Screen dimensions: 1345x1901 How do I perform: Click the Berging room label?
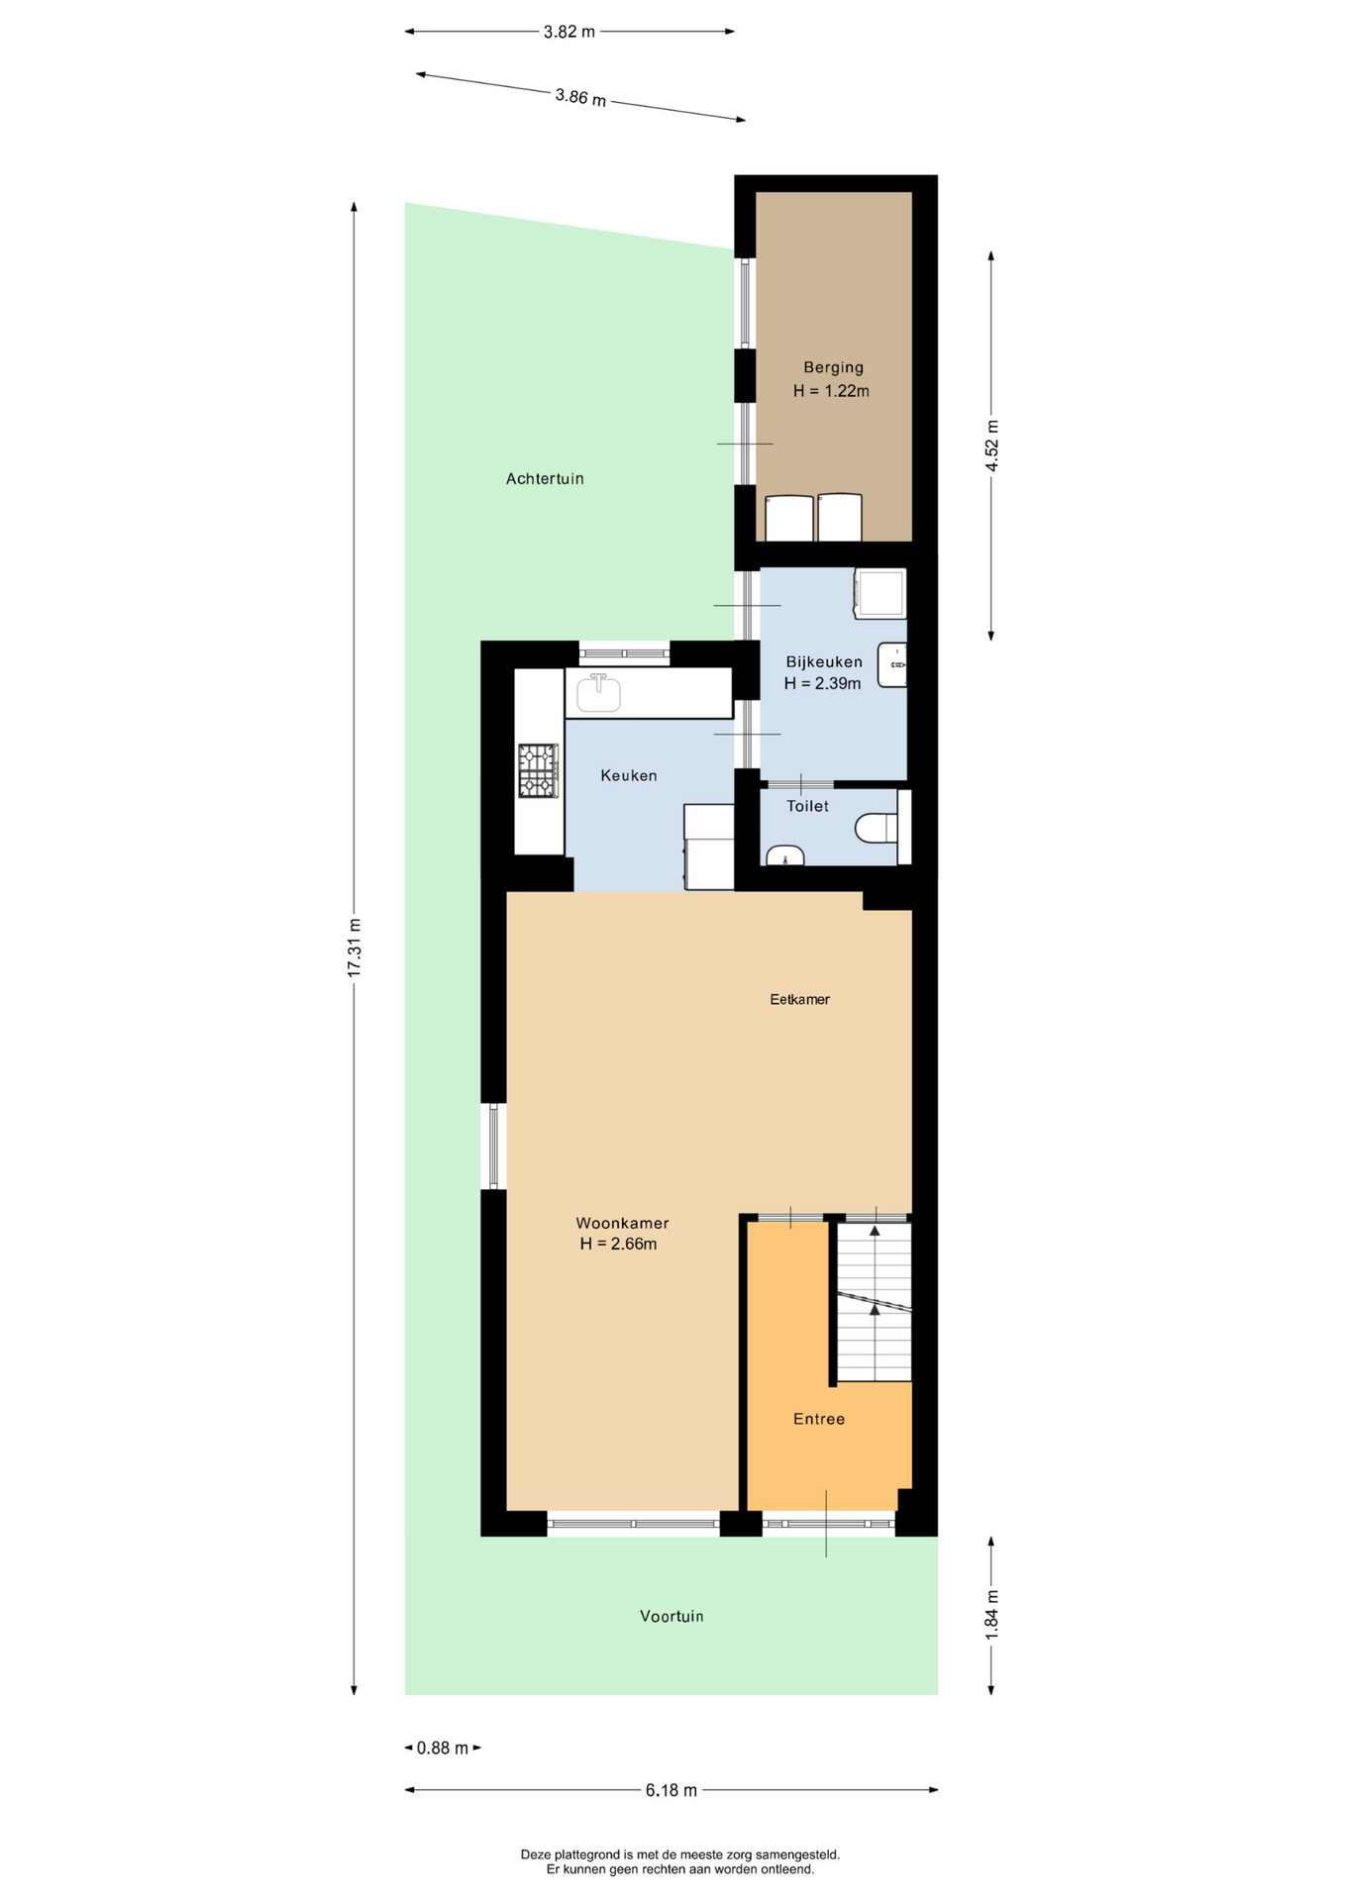click(833, 367)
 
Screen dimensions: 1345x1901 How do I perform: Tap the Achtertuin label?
click(545, 478)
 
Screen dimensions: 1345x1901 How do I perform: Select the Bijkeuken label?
click(824, 661)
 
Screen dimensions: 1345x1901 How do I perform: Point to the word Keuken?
click(629, 775)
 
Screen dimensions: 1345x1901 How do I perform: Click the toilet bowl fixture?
click(876, 828)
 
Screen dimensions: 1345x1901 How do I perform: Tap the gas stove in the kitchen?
click(538, 770)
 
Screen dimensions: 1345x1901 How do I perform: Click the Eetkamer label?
click(799, 999)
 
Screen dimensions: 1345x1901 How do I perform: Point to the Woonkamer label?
click(622, 1223)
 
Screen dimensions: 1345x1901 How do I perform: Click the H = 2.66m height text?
click(618, 1244)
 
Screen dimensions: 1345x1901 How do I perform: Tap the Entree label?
click(819, 1419)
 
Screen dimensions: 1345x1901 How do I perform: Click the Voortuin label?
click(672, 1616)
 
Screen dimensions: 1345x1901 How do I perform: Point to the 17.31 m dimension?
click(354, 949)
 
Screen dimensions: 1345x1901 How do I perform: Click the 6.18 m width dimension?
click(672, 1789)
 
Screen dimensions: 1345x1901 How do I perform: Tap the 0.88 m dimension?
click(443, 1748)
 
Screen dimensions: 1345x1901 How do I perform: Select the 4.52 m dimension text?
click(991, 446)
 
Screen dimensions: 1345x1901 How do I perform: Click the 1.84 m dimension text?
click(991, 1614)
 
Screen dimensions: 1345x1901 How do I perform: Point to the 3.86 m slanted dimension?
click(580, 97)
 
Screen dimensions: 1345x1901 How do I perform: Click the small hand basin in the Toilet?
click(784, 855)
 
